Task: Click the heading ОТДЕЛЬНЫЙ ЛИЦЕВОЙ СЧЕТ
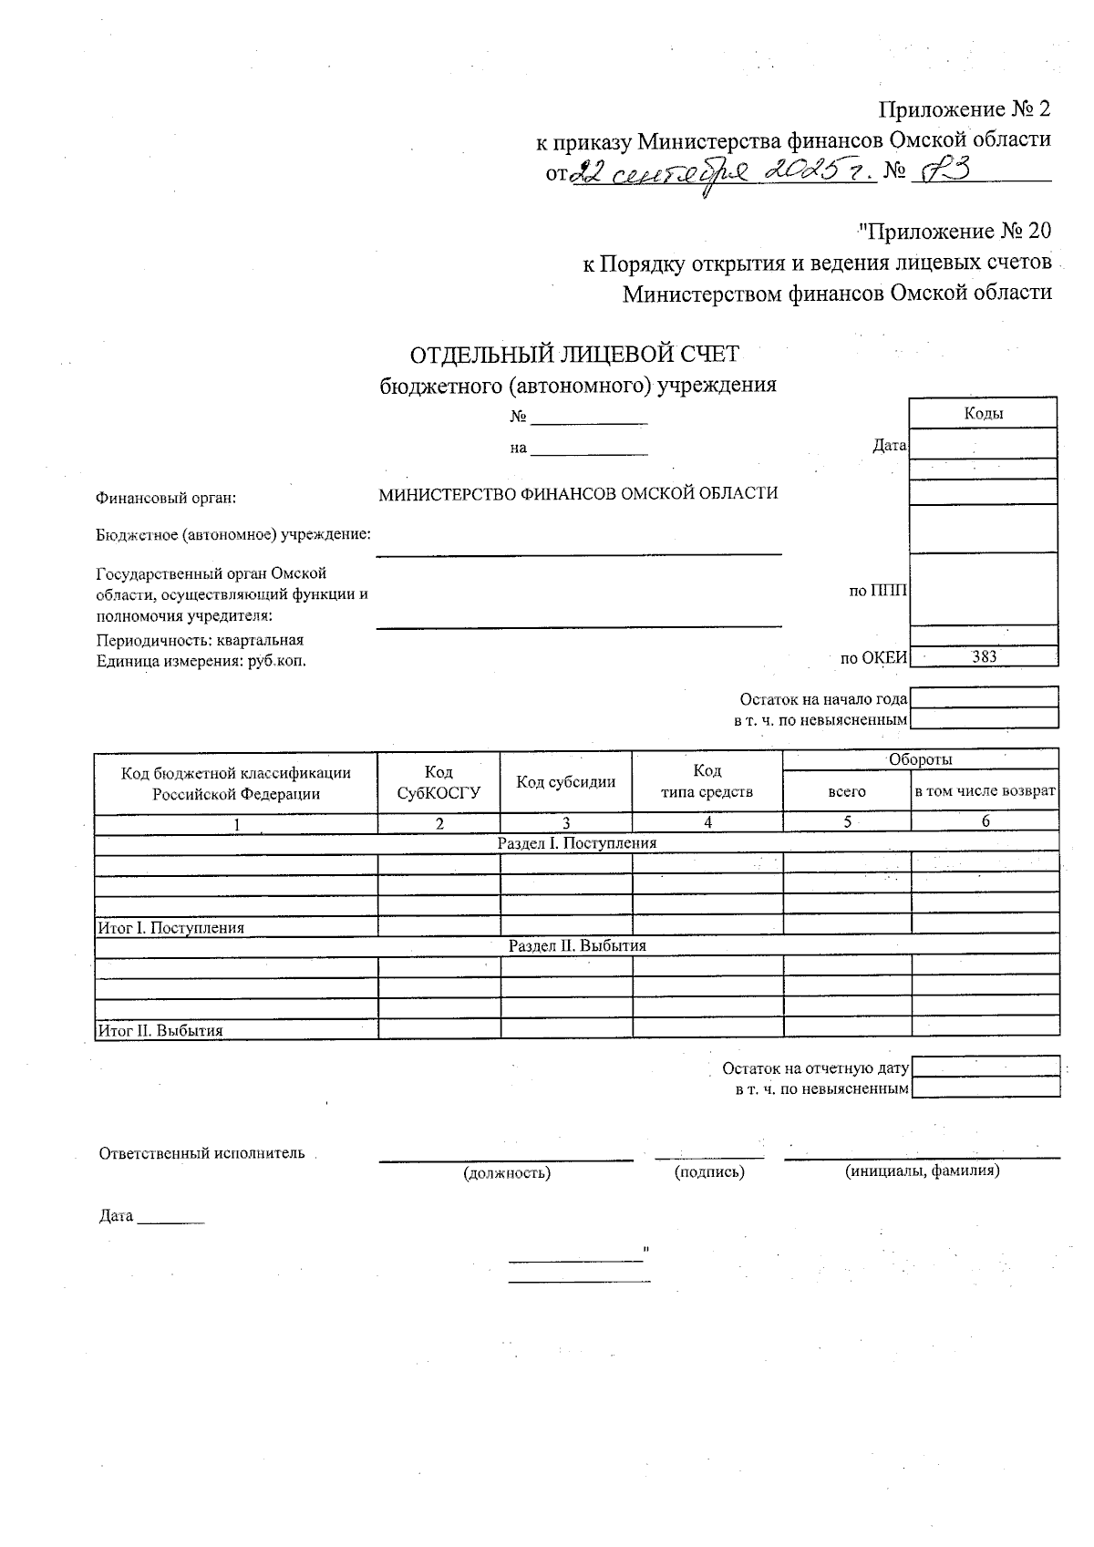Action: (574, 354)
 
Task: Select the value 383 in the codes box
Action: (984, 656)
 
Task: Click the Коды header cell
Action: (984, 413)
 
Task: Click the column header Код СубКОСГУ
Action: (439, 782)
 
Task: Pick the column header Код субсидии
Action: (565, 781)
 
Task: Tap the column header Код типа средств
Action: (707, 781)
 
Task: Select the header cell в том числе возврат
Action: (985, 791)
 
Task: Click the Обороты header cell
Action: (920, 759)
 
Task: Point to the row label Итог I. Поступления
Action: (171, 928)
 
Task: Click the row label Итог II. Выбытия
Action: (160, 1031)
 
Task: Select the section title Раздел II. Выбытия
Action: (577, 945)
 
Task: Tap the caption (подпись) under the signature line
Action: (709, 1172)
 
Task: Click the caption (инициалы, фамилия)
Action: (922, 1171)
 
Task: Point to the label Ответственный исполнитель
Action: (201, 1153)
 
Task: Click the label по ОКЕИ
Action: (873, 657)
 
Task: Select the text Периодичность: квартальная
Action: (200, 640)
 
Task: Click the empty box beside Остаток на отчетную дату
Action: (985, 1067)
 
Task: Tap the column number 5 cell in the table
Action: (847, 822)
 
